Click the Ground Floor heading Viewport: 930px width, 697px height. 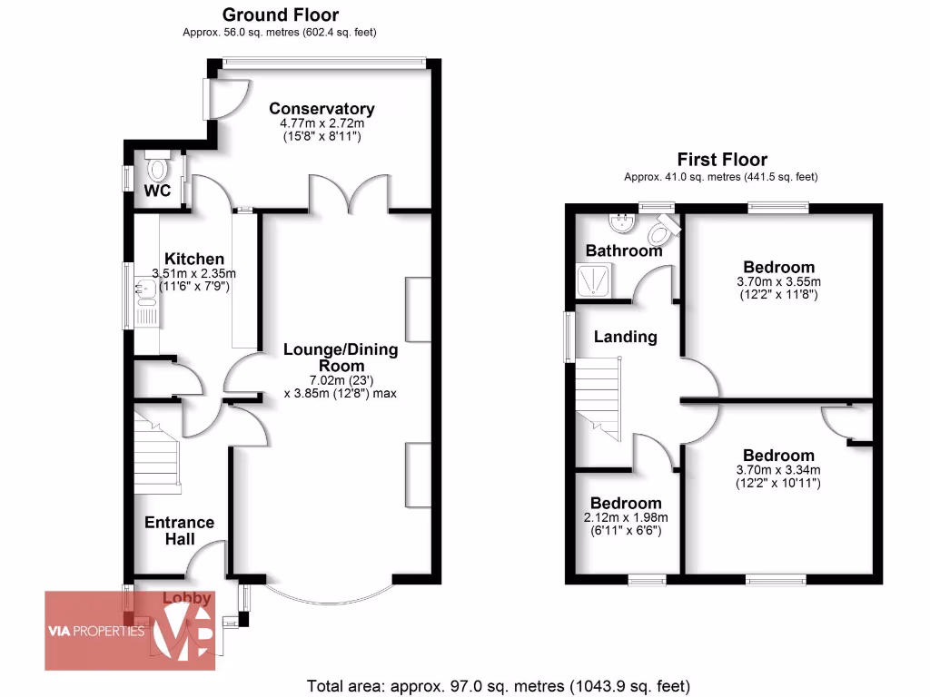(x=280, y=15)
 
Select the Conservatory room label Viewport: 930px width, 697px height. (x=322, y=109)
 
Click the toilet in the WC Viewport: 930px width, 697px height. (x=158, y=170)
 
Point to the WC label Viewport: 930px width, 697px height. (x=158, y=191)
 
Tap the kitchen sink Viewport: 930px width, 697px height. (x=145, y=290)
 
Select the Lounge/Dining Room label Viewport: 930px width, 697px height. (x=341, y=358)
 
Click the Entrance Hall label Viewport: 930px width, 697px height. (x=180, y=530)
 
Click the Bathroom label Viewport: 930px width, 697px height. (x=623, y=250)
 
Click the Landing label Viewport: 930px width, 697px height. (x=625, y=337)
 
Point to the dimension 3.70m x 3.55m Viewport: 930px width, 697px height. (x=778, y=282)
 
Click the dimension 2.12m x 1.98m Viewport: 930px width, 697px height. (x=626, y=518)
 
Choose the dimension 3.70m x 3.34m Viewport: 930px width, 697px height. (x=778, y=470)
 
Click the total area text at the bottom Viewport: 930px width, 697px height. (x=499, y=685)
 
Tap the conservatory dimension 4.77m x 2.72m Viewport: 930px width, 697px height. (x=322, y=123)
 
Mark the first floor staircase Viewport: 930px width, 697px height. (x=599, y=394)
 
